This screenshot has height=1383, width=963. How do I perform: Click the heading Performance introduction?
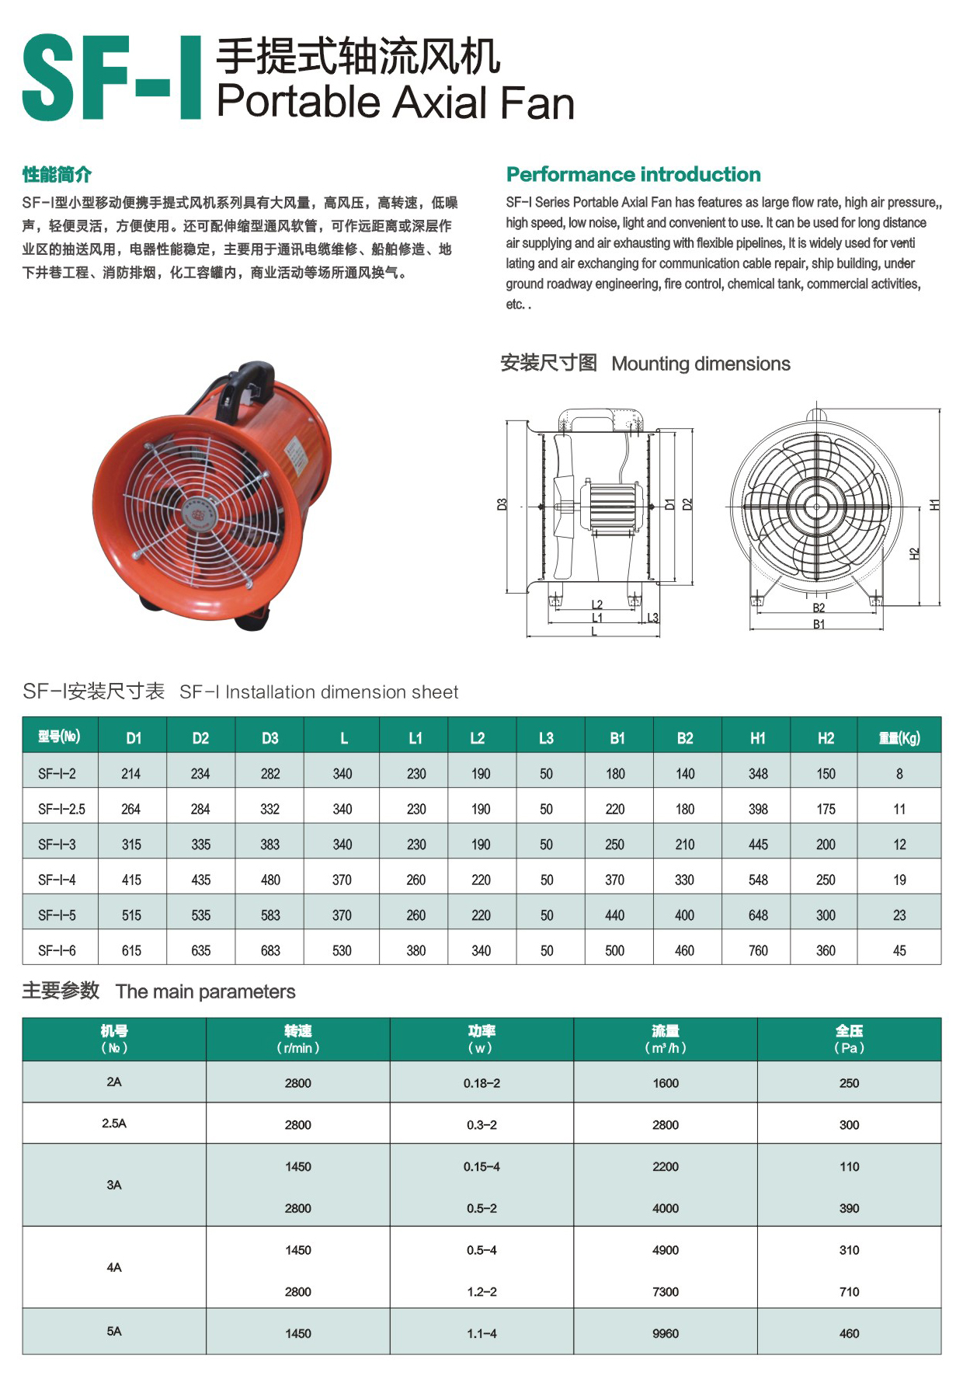click(633, 174)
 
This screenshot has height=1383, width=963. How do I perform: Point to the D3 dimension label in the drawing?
click(502, 504)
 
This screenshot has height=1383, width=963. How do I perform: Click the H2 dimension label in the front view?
click(914, 553)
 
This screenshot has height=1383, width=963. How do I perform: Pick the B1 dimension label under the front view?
click(819, 624)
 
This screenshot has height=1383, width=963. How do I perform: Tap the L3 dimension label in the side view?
click(652, 618)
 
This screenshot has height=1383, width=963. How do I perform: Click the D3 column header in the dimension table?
click(269, 738)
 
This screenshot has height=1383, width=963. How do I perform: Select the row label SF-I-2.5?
click(61, 809)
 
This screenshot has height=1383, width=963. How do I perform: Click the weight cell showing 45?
click(899, 950)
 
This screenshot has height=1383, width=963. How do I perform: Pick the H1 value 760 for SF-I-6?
click(757, 950)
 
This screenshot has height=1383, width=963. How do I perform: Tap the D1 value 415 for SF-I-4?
click(131, 880)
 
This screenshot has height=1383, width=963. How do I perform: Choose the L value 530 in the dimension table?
click(342, 950)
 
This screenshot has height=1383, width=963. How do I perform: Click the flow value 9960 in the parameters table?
click(666, 1333)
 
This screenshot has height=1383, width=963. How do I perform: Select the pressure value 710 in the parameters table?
click(849, 1291)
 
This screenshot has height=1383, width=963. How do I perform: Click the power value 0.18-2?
click(481, 1082)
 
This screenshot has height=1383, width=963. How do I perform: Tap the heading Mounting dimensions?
click(701, 364)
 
